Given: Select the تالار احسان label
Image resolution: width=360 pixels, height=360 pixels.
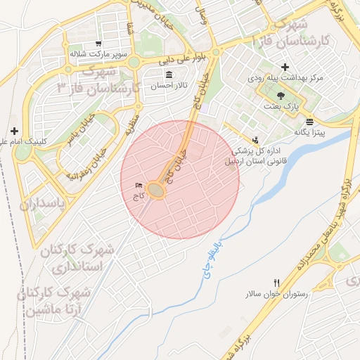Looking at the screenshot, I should coord(169,86).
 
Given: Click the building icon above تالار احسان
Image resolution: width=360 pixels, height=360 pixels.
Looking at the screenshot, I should coord(168,75).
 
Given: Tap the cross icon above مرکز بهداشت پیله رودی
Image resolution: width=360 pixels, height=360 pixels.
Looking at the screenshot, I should coord(285,66).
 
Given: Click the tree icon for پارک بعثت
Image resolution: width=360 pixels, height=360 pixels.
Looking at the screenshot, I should coord(281,94).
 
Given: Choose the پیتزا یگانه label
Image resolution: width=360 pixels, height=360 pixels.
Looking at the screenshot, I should coord(309,132).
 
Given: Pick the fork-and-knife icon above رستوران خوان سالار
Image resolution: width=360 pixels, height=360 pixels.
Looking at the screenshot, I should coord(276,282).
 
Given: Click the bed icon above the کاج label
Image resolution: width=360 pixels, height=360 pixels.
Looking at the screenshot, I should coord(138,186).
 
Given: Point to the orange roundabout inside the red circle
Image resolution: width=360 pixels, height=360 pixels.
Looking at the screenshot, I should coord(157,191).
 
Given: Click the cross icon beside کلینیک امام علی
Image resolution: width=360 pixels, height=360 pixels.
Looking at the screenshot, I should coord(14,131).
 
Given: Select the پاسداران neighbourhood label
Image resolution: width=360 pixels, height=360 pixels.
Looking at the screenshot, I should coord(41,205).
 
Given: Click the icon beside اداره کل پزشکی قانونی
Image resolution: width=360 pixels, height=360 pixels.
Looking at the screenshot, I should coord(255,139).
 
